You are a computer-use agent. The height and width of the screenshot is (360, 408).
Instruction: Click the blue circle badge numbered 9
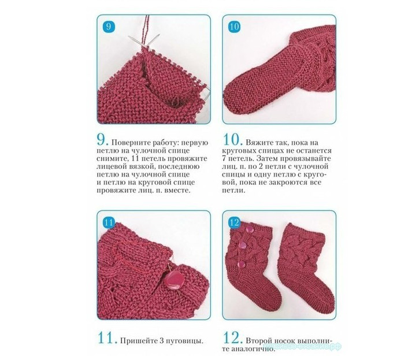pyautogui.click(x=109, y=27)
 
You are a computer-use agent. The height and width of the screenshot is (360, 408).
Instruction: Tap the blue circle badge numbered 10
pyautogui.click(x=234, y=27)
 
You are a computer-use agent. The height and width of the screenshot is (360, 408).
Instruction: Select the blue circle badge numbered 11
pyautogui.click(x=109, y=222)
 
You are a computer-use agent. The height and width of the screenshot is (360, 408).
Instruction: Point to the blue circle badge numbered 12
pyautogui.click(x=234, y=222)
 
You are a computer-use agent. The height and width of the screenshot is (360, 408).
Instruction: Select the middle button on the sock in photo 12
pyautogui.click(x=243, y=245)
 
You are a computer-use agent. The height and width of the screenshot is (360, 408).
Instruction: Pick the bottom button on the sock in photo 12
pyautogui.click(x=242, y=265)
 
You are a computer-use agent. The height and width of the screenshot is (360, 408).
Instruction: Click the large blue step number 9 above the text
pyautogui.click(x=102, y=140)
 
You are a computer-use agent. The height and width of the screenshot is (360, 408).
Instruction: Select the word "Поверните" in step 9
pyautogui.click(x=128, y=143)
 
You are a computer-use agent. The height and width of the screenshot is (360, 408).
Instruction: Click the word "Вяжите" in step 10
pyautogui.click(x=258, y=143)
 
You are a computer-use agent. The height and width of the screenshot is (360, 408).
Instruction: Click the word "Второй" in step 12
pyautogui.click(x=258, y=341)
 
